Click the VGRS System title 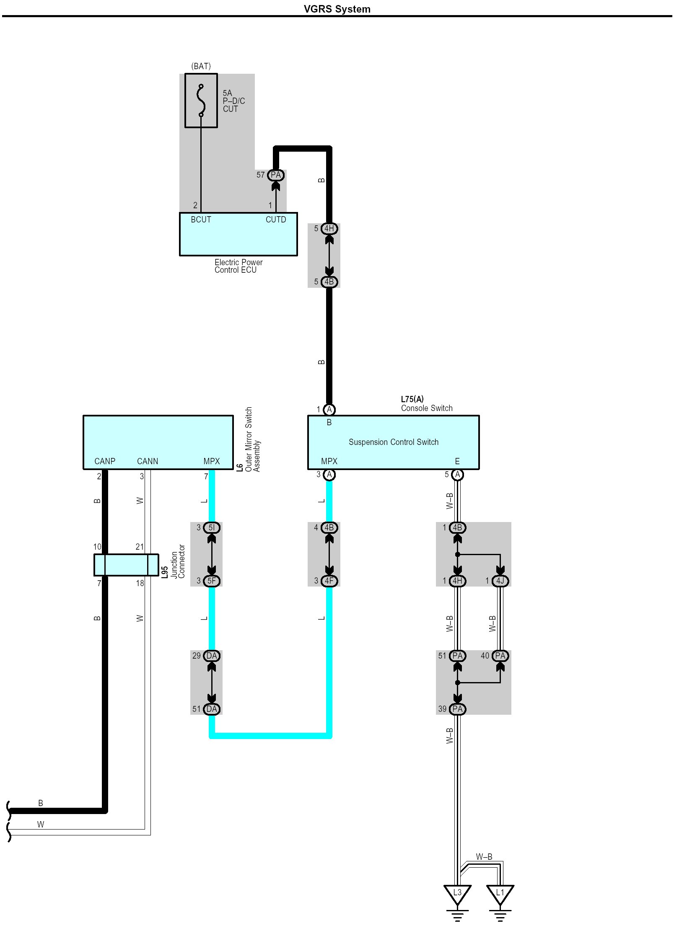coord(337,9)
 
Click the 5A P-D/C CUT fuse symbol coord(201,101)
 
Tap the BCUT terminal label coord(201,220)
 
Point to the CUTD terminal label coord(276,220)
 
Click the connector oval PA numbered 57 coord(276,175)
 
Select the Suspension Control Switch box coord(393,442)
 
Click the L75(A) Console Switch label coord(426,404)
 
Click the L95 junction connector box coord(126,565)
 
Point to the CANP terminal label coord(105,461)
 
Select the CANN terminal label coord(148,461)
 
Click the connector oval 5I coord(212,527)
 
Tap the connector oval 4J coord(500,581)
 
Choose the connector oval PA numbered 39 coord(457,709)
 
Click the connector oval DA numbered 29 coord(212,656)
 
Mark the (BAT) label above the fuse coord(201,66)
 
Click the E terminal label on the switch coord(457,461)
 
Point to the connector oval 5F coord(212,581)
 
